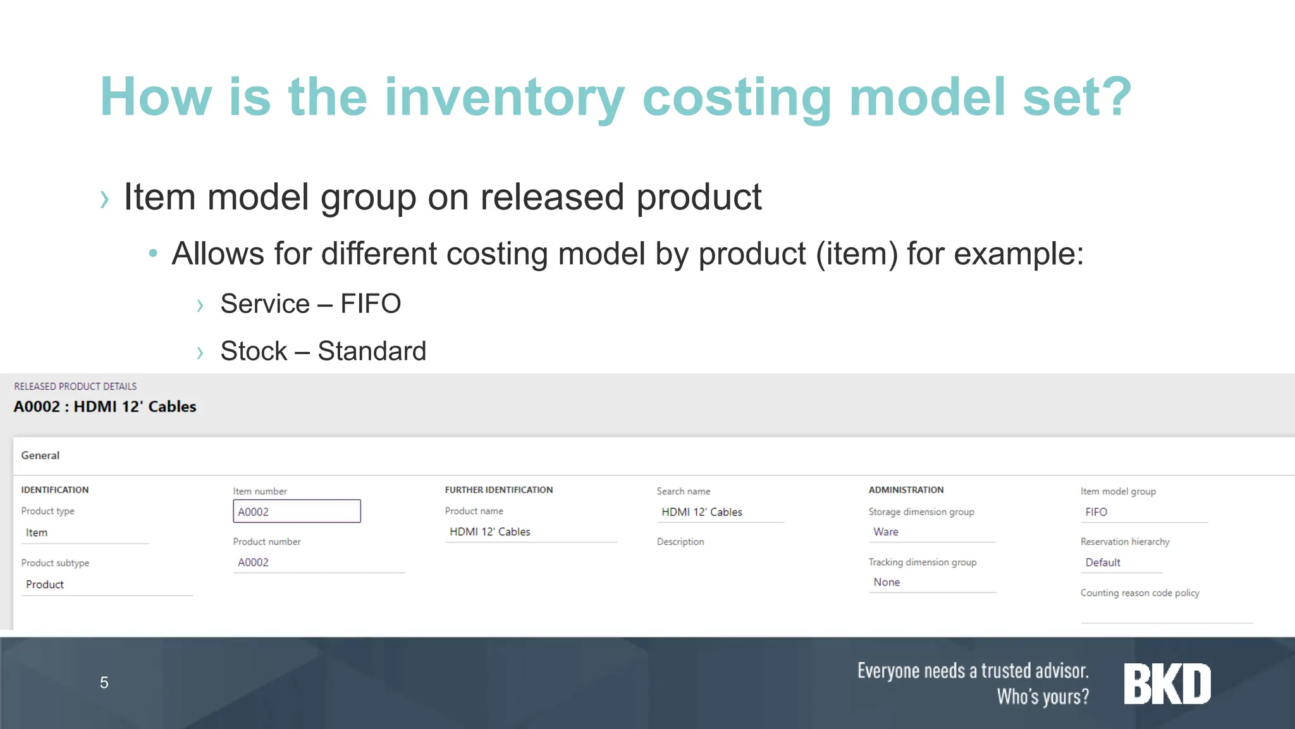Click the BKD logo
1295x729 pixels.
(1167, 684)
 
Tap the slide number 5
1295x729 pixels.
(104, 683)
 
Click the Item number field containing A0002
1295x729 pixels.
(297, 511)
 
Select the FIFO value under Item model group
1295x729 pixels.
(1096, 512)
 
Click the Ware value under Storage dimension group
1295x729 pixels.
(885, 532)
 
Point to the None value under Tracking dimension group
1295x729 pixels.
(887, 582)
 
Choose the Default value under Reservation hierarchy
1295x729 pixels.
(1102, 563)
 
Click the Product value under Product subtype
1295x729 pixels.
(45, 585)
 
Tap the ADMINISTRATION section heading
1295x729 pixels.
(905, 490)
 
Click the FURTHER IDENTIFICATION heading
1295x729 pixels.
(498, 490)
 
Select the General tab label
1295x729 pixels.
(40, 456)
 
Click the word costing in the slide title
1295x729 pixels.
(736, 97)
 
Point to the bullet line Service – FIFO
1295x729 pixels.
(310, 304)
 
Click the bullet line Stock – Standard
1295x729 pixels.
(323, 351)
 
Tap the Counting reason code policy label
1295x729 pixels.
(1139, 593)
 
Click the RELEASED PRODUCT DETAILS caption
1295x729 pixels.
(75, 387)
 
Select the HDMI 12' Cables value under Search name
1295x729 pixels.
(701, 512)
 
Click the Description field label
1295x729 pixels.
(680, 542)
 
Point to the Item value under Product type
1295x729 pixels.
(37, 533)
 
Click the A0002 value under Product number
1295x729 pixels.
(253, 563)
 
